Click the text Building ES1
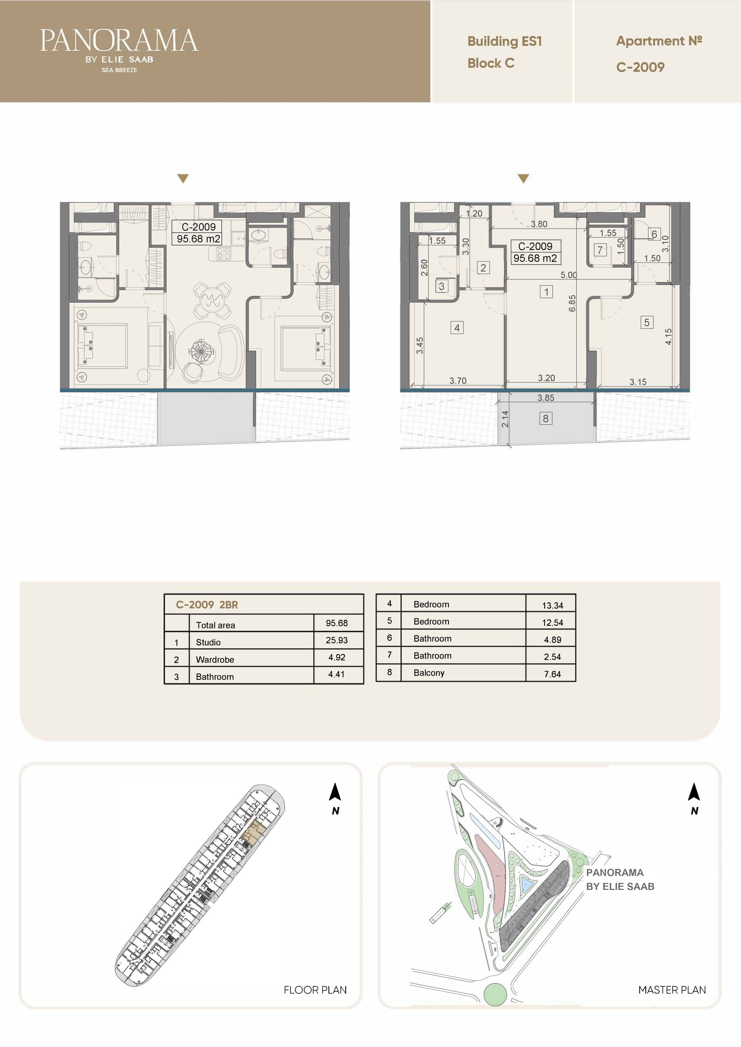pos(505,41)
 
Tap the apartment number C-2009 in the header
pos(640,67)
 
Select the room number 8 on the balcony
pos(545,418)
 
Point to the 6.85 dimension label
pos(572,303)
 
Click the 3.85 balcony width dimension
pos(546,398)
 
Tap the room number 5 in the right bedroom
pos(646,322)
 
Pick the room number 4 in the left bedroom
pos(457,328)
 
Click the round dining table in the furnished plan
pos(212,300)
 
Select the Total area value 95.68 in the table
pos(337,623)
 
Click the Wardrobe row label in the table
pos(215,659)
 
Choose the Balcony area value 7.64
pos(552,674)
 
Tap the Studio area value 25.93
pos(337,640)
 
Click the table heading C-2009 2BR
pos(207,604)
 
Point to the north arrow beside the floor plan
pos(335,792)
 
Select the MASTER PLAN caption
pos(672,990)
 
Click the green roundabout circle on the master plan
pos(495,995)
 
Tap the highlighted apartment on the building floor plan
pos(253,832)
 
